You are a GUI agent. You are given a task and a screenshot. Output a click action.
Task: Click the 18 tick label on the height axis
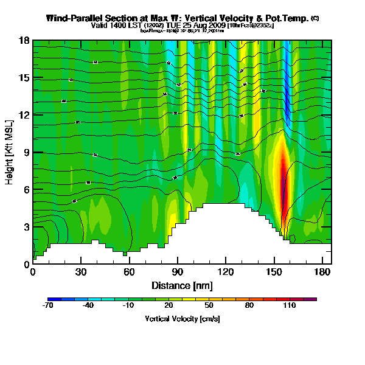[x=24, y=41]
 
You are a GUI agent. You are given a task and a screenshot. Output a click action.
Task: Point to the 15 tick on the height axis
[x=24, y=78]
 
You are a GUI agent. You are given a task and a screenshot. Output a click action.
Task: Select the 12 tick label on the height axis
[x=24, y=115]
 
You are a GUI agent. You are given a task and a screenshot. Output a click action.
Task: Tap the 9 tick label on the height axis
[x=26, y=153]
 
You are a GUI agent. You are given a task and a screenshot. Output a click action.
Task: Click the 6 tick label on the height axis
[x=26, y=190]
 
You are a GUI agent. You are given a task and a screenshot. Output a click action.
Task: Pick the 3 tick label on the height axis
[x=26, y=227]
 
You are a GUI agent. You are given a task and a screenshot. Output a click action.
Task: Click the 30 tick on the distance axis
[x=81, y=272]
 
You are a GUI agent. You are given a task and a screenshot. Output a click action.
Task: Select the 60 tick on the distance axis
[x=129, y=272]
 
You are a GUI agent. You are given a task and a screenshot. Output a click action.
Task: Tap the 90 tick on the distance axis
[x=177, y=272]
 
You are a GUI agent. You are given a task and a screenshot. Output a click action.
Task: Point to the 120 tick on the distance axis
[x=225, y=272]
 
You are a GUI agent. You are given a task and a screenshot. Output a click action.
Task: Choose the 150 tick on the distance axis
[x=273, y=272]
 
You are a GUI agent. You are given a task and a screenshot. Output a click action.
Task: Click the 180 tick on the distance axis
[x=321, y=272]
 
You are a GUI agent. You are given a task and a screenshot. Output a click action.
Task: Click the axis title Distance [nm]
[x=182, y=285]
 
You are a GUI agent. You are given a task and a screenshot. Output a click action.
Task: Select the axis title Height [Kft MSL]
[x=10, y=152]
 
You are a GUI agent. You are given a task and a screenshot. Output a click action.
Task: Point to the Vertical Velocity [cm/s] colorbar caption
[x=182, y=319]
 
